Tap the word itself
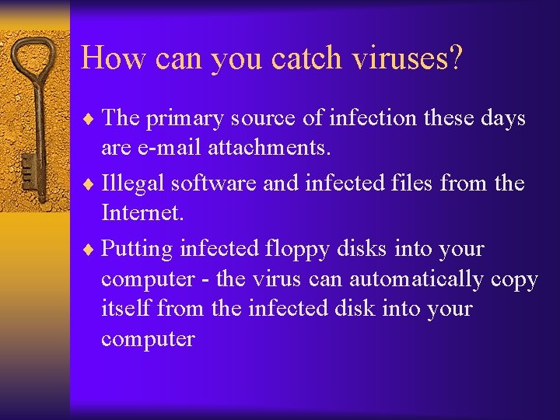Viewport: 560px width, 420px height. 125,308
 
